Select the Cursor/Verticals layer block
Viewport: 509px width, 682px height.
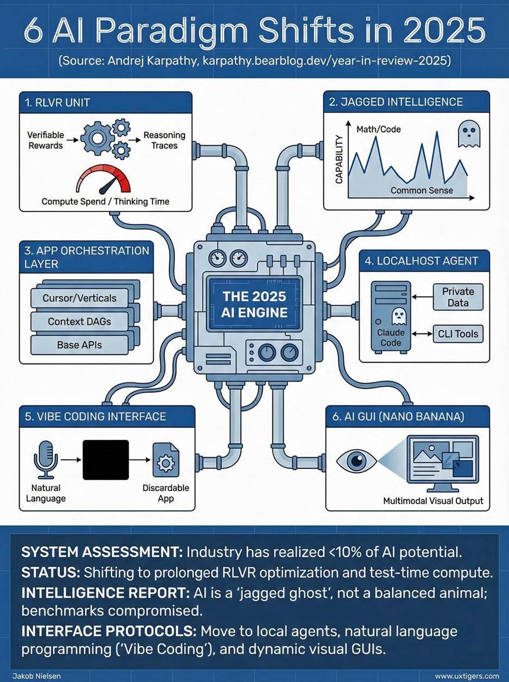point(79,298)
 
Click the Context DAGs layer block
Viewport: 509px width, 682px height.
point(79,321)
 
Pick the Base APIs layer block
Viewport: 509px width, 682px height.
point(79,345)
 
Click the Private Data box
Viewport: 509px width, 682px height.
point(457,297)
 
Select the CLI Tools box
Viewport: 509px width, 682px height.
point(457,333)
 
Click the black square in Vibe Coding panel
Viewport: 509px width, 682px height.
point(106,460)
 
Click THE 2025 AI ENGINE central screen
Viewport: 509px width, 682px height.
point(254,304)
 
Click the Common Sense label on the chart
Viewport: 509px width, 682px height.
point(421,191)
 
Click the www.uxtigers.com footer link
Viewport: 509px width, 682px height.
point(467,676)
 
